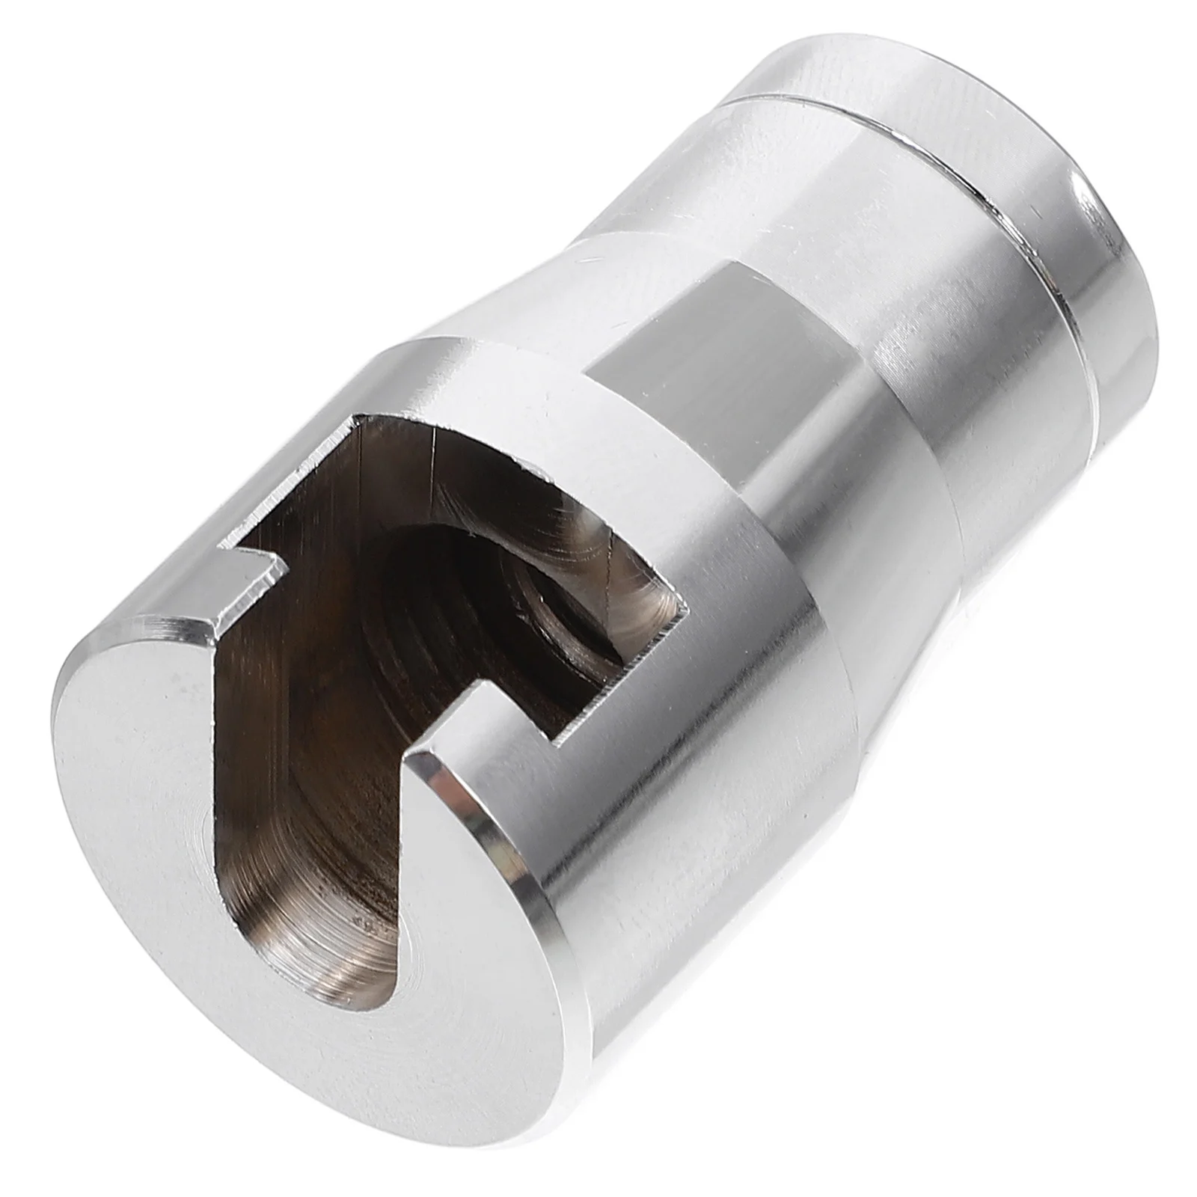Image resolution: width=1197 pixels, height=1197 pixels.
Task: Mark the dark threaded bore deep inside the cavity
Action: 479,598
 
